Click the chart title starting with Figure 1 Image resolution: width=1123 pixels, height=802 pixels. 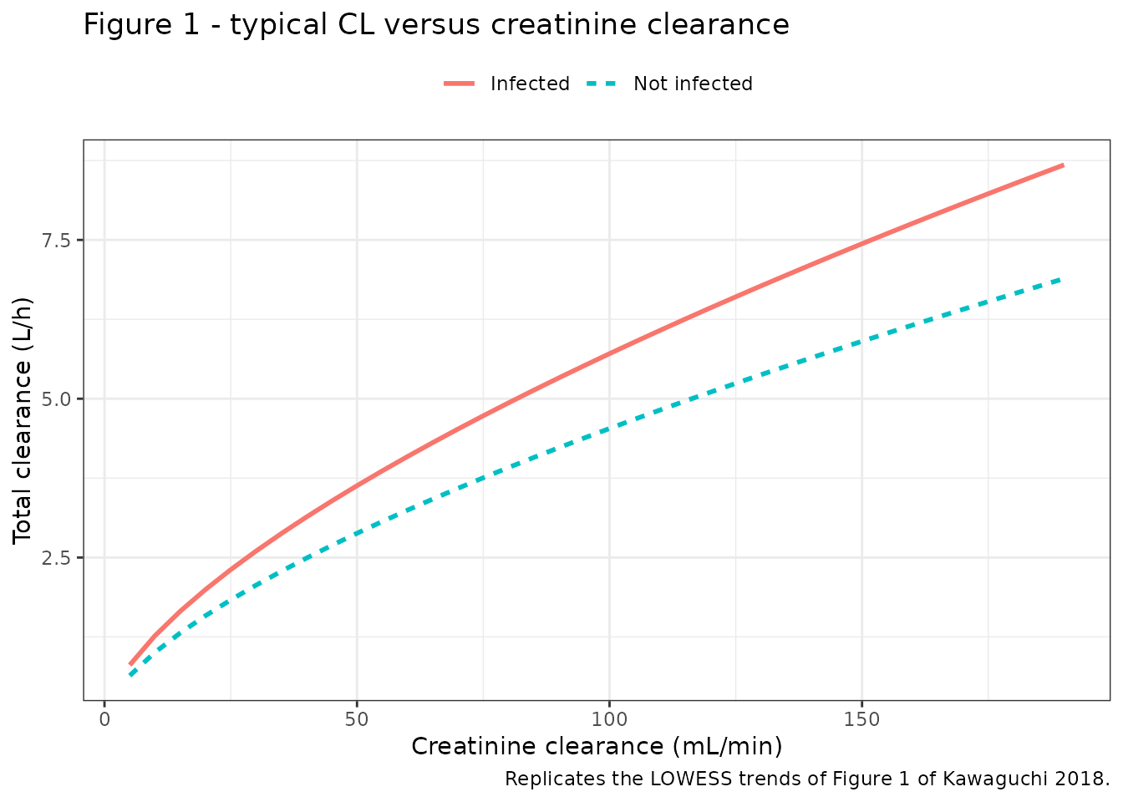click(436, 24)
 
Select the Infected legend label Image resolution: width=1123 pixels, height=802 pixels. click(530, 84)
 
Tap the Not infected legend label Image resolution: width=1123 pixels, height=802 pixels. click(693, 84)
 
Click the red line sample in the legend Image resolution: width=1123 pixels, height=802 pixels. click(460, 84)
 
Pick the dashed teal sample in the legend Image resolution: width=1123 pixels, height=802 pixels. click(602, 84)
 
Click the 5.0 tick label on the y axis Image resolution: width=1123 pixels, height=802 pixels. click(55, 399)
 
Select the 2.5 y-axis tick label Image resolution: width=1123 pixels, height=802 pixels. click(55, 558)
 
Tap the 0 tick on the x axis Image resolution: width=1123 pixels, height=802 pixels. click(104, 720)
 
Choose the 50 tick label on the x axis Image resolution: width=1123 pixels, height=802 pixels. click(357, 720)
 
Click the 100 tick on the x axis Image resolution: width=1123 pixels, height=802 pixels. click(609, 720)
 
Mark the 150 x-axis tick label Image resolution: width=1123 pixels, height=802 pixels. click(861, 720)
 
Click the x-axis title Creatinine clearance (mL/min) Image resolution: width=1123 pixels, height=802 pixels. click(597, 746)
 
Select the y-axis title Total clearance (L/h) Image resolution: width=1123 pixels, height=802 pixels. click(22, 420)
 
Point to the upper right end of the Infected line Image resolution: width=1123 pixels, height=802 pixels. click(1064, 165)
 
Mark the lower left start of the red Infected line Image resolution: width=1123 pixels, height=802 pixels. click(130, 665)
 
